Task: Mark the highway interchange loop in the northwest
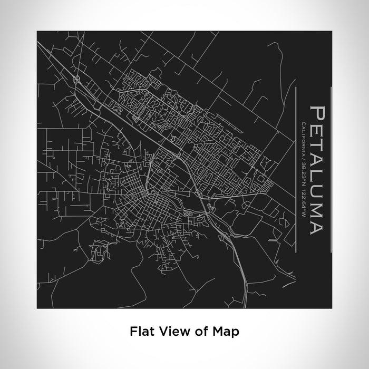point(77,80)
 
